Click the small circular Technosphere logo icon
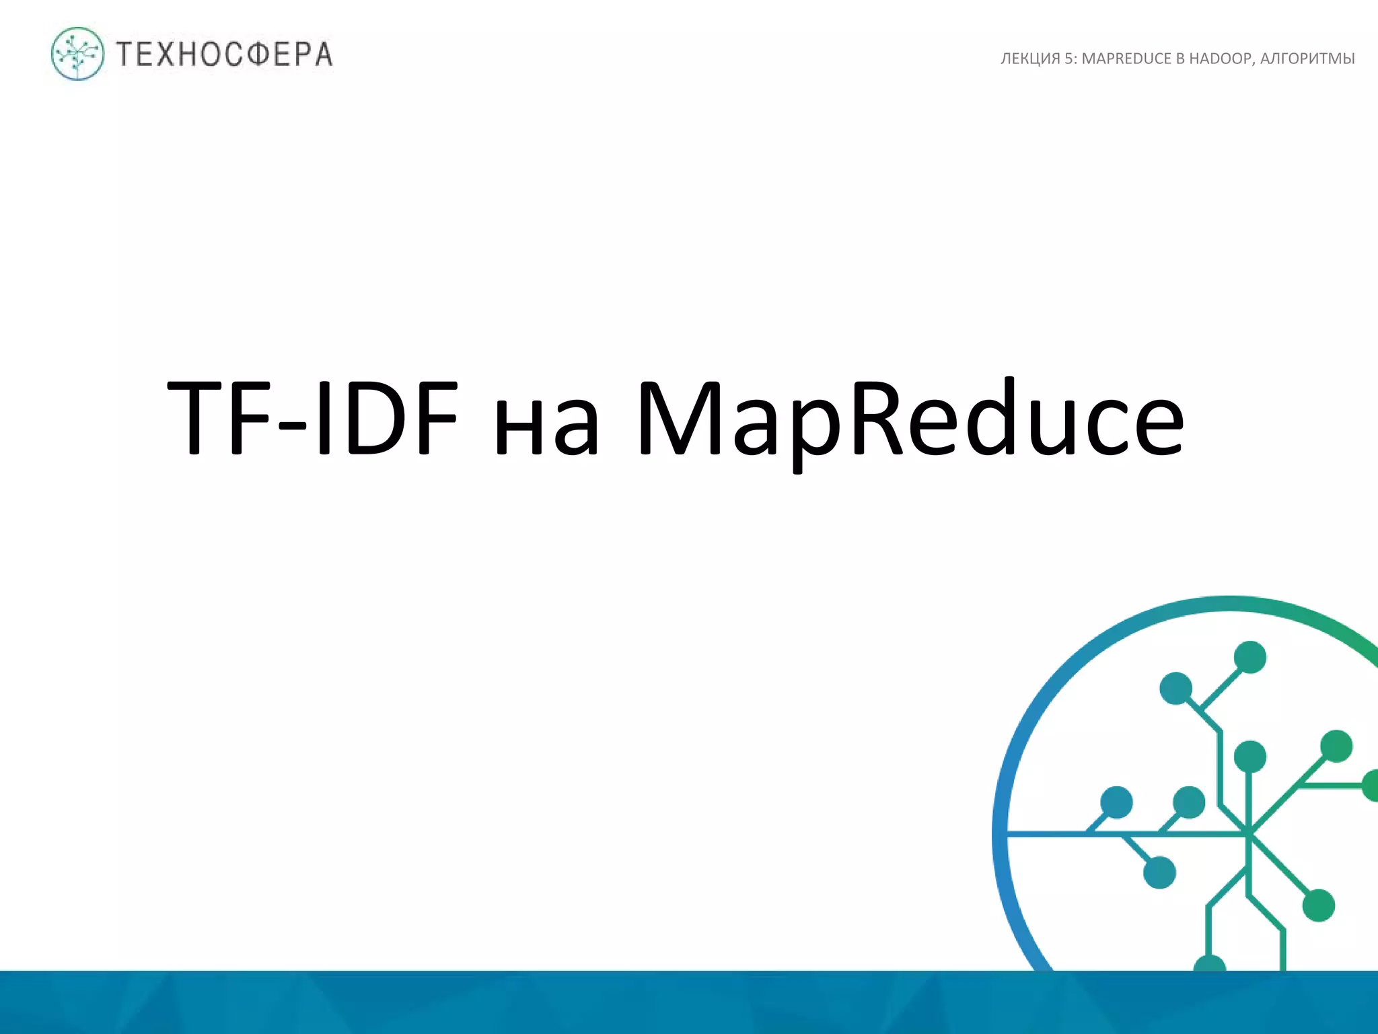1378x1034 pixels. click(x=78, y=54)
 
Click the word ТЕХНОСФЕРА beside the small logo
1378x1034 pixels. click(x=224, y=55)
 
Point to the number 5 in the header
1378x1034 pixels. click(x=1069, y=59)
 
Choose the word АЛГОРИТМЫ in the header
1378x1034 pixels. click(x=1307, y=59)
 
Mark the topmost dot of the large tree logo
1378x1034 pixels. click(x=1250, y=657)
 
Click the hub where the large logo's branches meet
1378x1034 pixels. click(x=1249, y=835)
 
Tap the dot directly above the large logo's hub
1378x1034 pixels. click(x=1250, y=757)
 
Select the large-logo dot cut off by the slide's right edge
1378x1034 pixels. click(x=1371, y=786)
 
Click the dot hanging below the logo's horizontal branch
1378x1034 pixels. click(x=1159, y=872)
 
